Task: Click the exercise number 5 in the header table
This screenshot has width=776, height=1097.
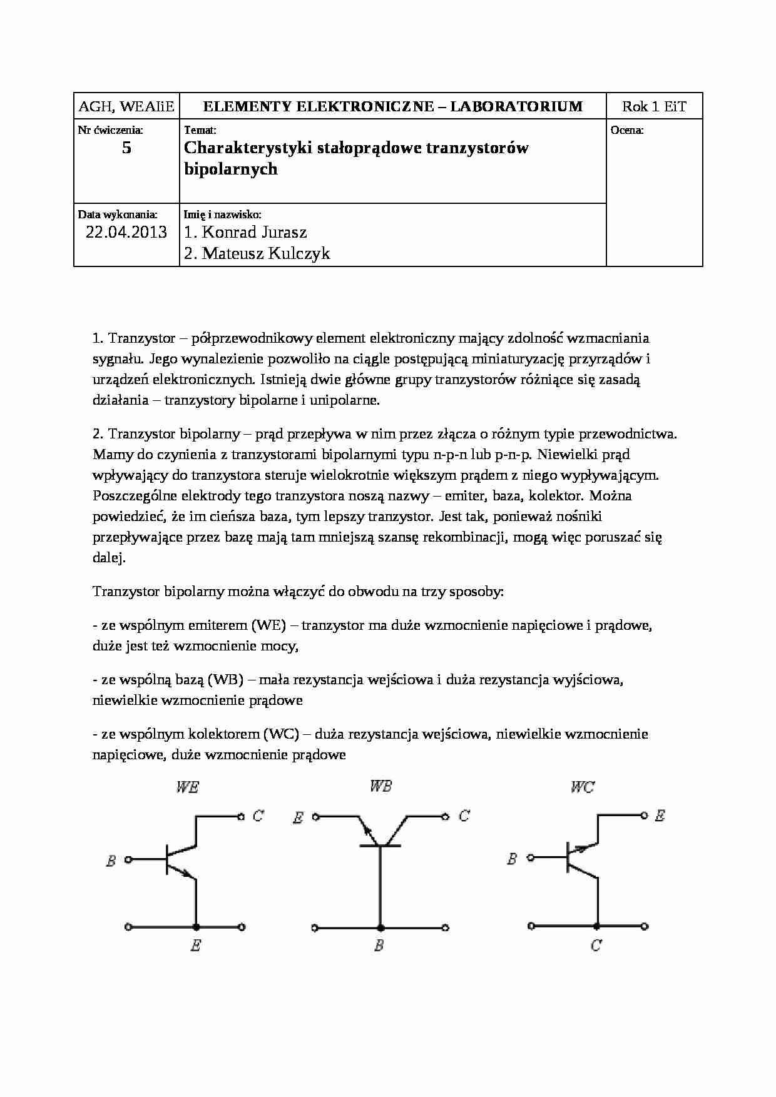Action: (126, 148)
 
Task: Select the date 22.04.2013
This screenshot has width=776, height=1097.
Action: (126, 233)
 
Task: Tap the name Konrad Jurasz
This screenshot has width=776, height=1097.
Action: (245, 233)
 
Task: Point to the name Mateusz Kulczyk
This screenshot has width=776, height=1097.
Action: (257, 253)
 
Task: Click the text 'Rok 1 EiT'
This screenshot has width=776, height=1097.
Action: (654, 106)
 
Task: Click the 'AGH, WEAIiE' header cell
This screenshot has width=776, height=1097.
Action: (126, 106)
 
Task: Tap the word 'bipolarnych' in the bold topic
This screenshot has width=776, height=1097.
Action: (231, 169)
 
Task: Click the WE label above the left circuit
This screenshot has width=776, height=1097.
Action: (187, 787)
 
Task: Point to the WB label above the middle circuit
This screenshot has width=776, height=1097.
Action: (380, 786)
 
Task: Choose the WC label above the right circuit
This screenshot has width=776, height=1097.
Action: (582, 787)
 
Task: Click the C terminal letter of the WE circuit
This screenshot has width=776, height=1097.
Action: (258, 816)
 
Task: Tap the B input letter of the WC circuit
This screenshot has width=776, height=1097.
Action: (512, 859)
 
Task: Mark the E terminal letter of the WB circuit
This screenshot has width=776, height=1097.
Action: (299, 817)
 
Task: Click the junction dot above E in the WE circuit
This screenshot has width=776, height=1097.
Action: (197, 927)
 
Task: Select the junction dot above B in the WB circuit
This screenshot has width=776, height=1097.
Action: (379, 927)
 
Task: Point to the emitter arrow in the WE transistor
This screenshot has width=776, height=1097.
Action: (187, 874)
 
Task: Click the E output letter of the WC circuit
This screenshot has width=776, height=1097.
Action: (660, 816)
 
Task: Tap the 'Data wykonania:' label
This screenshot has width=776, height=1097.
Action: (118, 215)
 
